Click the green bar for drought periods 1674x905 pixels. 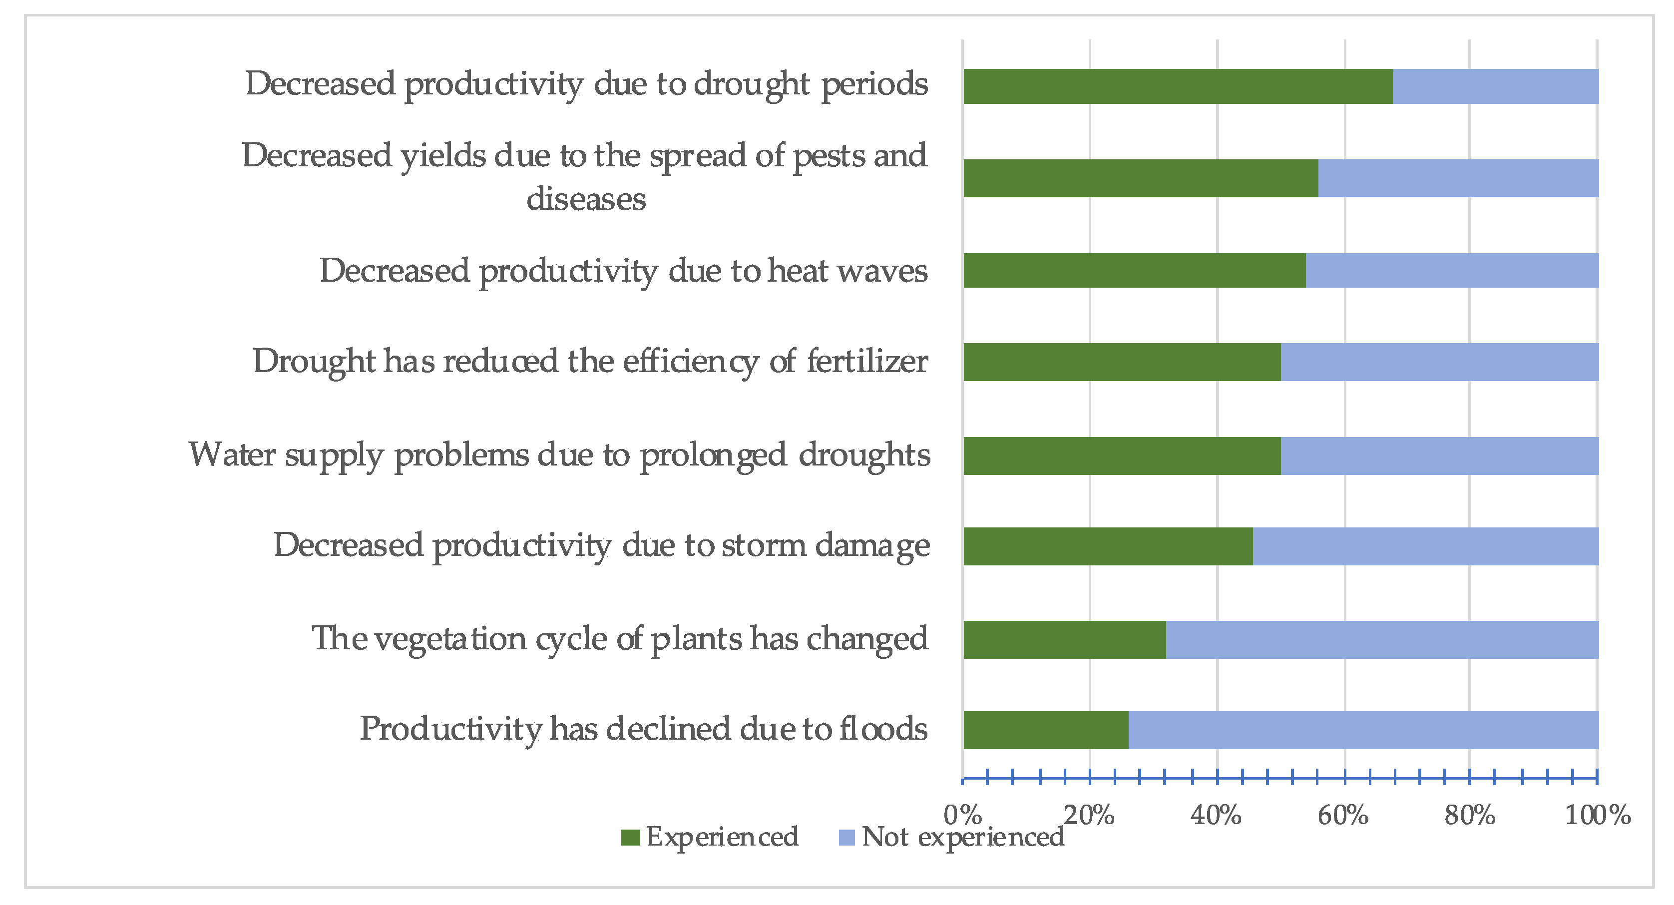tap(1178, 86)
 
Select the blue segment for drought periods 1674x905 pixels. tap(1495, 86)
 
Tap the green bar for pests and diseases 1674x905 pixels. tap(1141, 178)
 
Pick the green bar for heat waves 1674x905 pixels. tap(1134, 270)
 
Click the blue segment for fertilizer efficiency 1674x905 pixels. tap(1439, 362)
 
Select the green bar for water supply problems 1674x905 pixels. tap(1122, 456)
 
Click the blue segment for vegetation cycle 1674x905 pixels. tap(1382, 640)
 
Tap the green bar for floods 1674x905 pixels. tap(1046, 730)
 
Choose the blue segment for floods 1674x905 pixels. tap(1363, 730)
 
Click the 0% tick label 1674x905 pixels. tap(962, 815)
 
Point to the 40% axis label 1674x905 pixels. tap(1216, 815)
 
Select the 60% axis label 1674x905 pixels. tap(1343, 815)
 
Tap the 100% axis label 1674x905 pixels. tap(1597, 815)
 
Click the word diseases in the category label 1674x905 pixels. tap(585, 199)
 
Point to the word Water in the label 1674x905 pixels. tap(232, 455)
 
